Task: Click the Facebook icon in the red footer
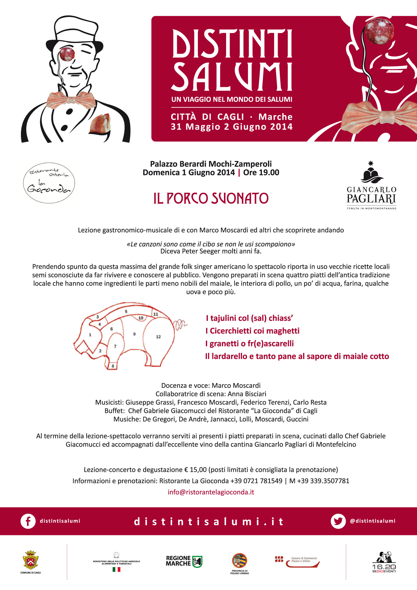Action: (28, 521)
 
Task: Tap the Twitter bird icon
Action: (338, 521)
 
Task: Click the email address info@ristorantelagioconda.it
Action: (211, 492)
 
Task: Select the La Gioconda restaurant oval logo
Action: (49, 183)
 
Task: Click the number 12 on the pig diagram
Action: (158, 337)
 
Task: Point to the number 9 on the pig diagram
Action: (134, 334)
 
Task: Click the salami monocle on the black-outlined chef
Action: (67, 54)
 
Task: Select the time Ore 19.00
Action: (261, 172)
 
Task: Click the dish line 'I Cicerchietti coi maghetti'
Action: (252, 331)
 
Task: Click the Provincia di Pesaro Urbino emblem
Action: (239, 561)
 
